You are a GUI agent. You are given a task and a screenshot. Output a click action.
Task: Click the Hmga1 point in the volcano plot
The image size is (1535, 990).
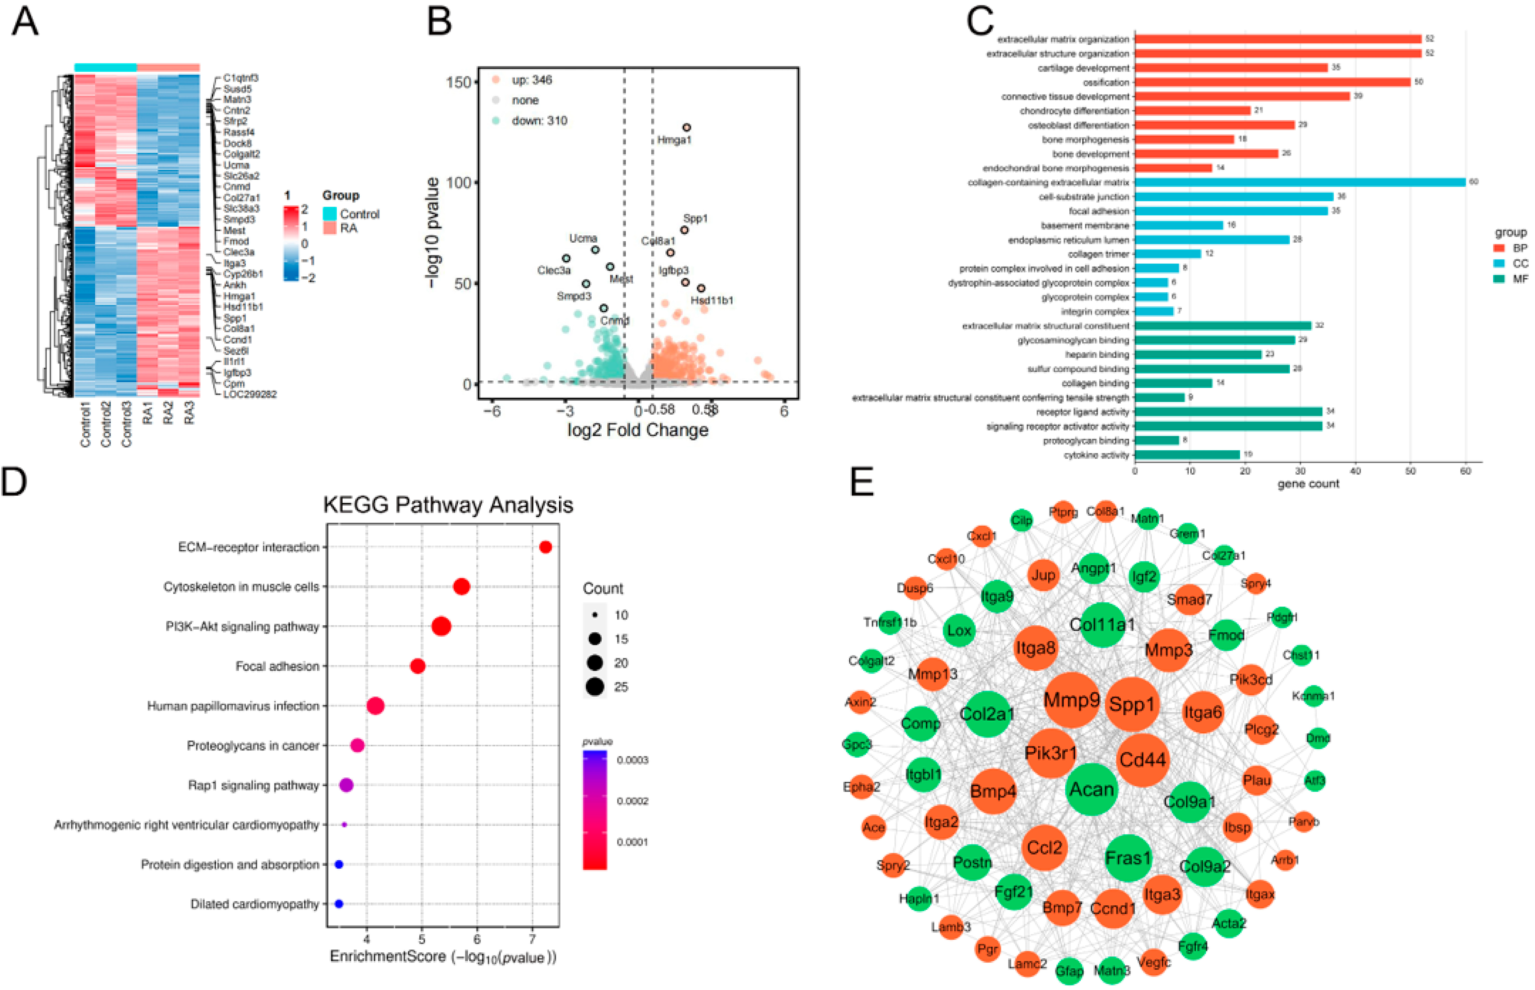tap(687, 127)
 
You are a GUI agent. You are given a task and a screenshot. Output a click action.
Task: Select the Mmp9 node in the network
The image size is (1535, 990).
tap(1072, 699)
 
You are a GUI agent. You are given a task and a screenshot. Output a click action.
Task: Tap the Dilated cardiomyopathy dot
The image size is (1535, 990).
tap(339, 904)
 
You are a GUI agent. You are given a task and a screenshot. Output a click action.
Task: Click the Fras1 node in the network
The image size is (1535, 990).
tap(1128, 858)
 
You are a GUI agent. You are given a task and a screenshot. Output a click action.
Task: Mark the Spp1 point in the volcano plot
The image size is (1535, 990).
tap(685, 229)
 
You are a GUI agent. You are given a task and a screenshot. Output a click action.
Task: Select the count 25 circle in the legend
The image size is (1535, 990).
tap(595, 687)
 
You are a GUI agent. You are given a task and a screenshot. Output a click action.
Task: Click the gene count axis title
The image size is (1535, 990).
tap(1308, 483)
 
